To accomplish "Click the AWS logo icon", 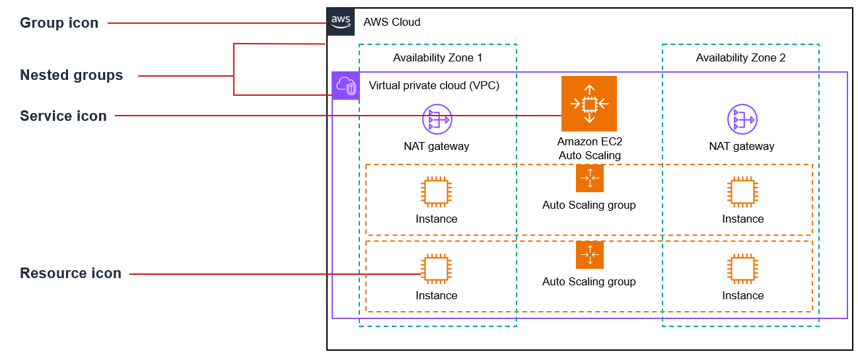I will [341, 22].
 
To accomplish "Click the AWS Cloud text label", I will [392, 22].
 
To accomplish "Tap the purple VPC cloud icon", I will [346, 86].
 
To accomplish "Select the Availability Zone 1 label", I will [437, 57].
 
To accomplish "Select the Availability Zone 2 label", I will [740, 57].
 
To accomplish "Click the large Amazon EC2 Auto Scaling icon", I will [589, 104].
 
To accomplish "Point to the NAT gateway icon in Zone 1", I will [437, 119].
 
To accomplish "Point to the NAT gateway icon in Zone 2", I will [742, 119].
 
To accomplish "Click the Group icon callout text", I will [59, 23].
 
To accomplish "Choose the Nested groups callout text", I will [71, 75].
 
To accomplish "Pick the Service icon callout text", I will [63, 116].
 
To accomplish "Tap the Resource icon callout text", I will [71, 273].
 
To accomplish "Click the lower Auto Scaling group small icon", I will [589, 255].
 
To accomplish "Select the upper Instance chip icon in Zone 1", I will [436, 192].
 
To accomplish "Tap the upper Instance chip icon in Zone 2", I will [742, 192].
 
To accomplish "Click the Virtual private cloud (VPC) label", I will [434, 85].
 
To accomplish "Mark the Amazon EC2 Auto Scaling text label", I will [589, 149].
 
